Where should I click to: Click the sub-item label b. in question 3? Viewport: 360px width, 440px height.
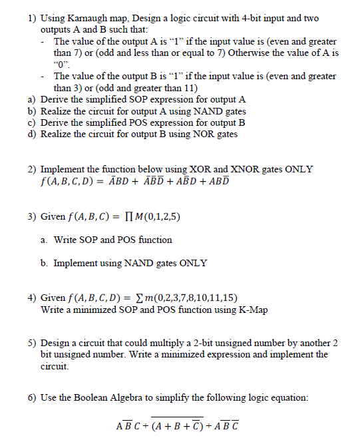(x=45, y=263)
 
